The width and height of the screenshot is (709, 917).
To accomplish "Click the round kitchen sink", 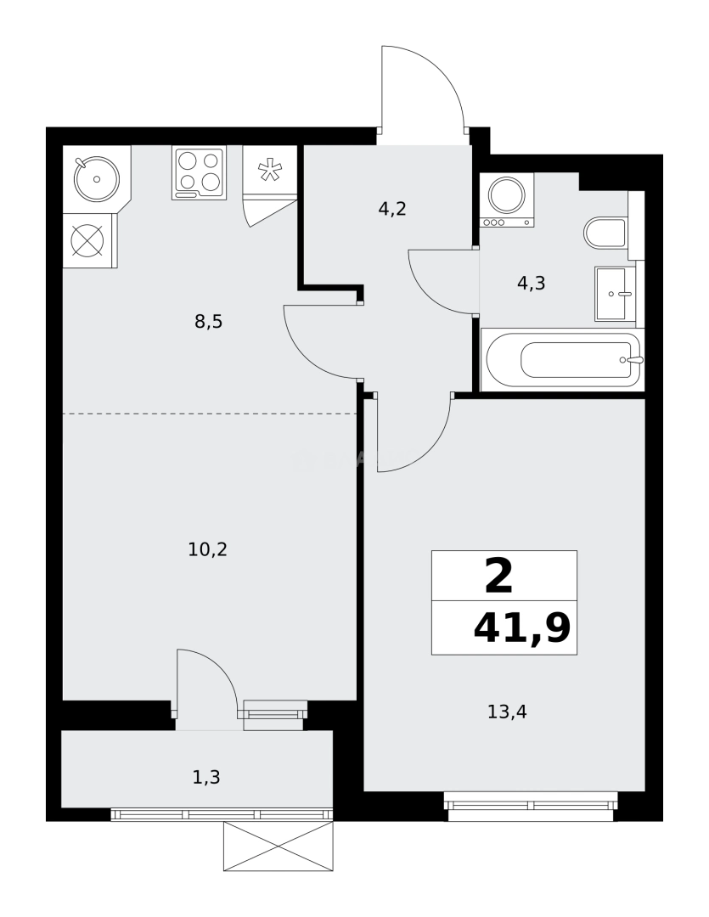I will [96, 178].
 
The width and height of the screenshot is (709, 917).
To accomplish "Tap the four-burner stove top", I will [200, 172].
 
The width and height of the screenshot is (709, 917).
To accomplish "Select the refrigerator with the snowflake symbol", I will [270, 170].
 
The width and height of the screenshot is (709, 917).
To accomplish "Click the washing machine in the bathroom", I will [507, 198].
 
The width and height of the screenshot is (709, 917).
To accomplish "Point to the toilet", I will [606, 233].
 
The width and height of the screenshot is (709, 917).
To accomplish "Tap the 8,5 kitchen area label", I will [208, 321].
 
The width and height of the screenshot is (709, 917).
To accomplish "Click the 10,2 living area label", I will [207, 549].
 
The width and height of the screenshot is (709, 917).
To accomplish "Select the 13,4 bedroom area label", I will [507, 712].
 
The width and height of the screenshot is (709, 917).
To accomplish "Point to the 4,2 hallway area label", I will [392, 208].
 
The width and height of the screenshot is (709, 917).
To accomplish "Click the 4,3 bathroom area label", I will [531, 284].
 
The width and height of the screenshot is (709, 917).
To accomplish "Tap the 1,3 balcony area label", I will [206, 777].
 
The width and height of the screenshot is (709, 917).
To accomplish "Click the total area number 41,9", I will [521, 629].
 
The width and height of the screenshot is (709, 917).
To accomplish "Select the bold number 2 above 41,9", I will [499, 577].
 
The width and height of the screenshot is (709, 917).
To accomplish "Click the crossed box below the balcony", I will [278, 846].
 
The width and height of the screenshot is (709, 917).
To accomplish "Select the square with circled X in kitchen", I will [87, 240].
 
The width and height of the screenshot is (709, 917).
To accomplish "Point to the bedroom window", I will [531, 802].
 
